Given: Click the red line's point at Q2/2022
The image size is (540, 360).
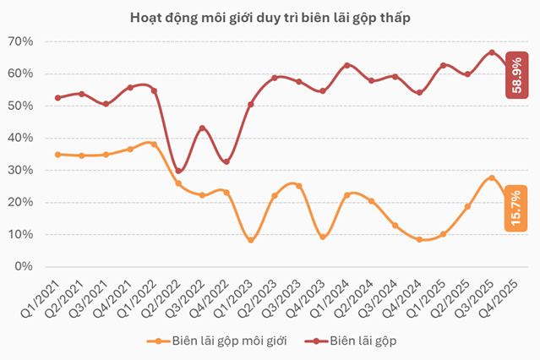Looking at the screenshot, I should pos(178,170).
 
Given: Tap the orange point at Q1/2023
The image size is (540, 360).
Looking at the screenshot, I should pos(250,240).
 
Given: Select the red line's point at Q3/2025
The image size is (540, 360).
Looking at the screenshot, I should pos(492,52).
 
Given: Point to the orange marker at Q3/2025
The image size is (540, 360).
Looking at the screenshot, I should pos(492,177).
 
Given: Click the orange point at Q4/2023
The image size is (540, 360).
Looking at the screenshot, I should pos(323,237).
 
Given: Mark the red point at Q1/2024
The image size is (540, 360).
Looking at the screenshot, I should pos(346,65).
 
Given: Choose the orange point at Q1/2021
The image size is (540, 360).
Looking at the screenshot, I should pos(57,155).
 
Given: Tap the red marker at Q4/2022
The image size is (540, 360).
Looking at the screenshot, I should pos(226,161).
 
